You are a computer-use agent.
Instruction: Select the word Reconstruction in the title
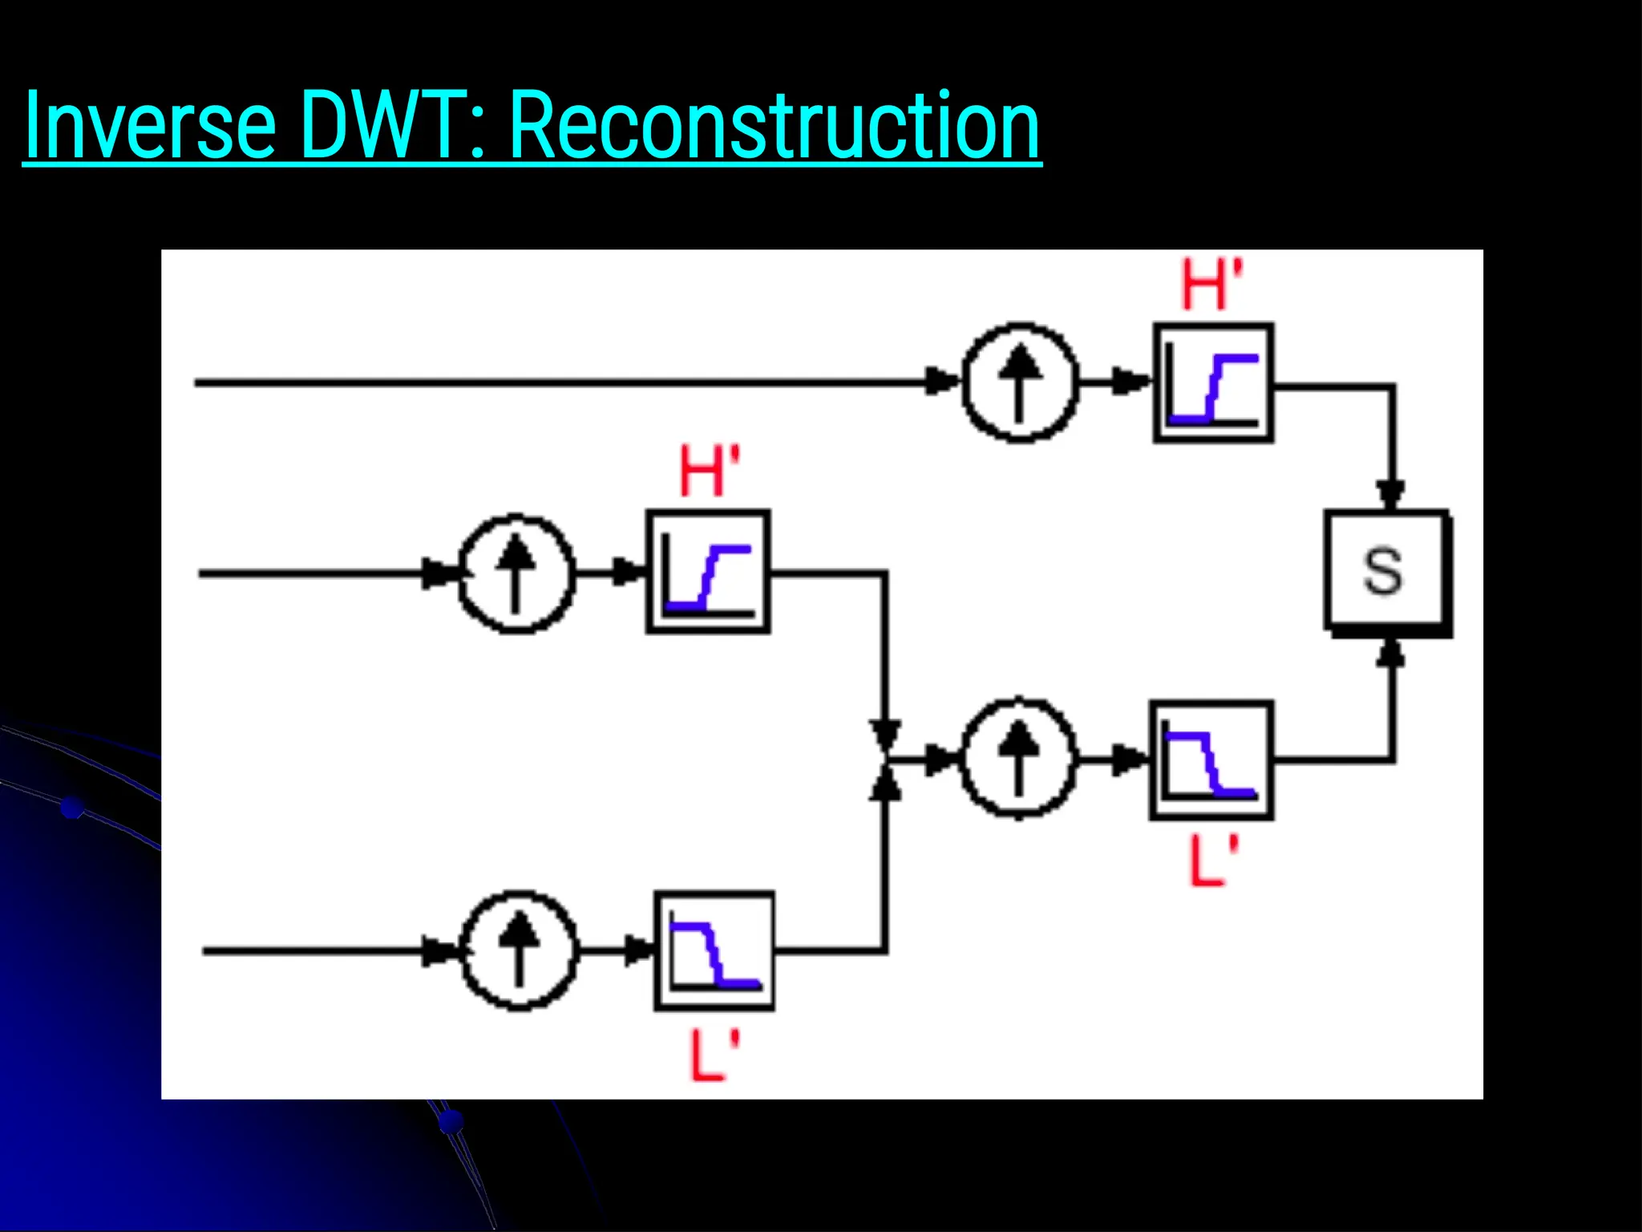774,125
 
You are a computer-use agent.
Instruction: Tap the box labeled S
1386,571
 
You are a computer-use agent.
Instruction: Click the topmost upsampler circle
1019,383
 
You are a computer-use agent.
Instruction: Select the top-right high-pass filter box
1213,383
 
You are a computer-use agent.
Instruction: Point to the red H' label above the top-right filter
1211,285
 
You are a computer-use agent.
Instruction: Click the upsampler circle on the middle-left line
516,573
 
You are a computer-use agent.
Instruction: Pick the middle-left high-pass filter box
708,572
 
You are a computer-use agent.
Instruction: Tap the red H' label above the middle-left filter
709,472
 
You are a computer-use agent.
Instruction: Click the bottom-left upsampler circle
520,950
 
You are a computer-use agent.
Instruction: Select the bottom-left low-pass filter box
714,950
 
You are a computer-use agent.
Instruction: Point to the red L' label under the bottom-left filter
714,1055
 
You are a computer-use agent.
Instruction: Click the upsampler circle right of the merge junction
1018,758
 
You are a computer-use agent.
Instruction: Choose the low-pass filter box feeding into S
1211,760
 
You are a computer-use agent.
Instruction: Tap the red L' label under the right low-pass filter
1212,861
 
